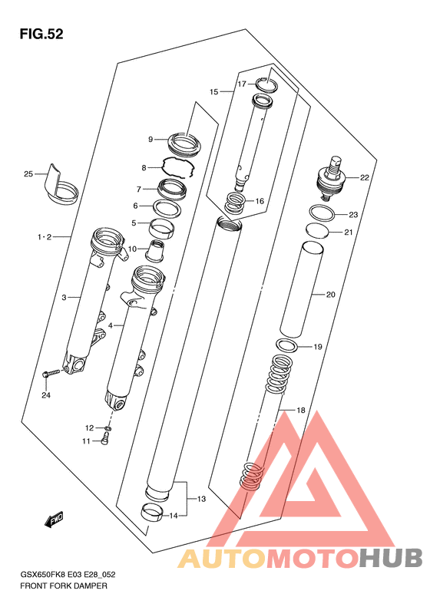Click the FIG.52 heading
(41, 34)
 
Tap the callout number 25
(28, 174)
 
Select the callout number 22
(365, 178)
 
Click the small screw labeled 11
(105, 440)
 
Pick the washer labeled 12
(107, 428)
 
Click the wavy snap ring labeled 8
(177, 167)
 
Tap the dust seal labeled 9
(184, 143)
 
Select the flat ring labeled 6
(167, 209)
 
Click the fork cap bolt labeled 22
(331, 179)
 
